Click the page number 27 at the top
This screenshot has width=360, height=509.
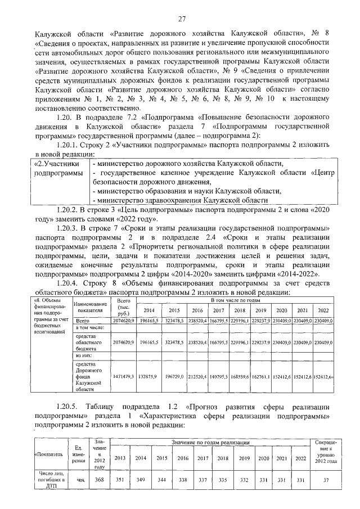coord(182,19)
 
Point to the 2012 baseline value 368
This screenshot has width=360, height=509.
coord(100,480)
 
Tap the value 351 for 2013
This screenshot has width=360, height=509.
coord(120,480)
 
